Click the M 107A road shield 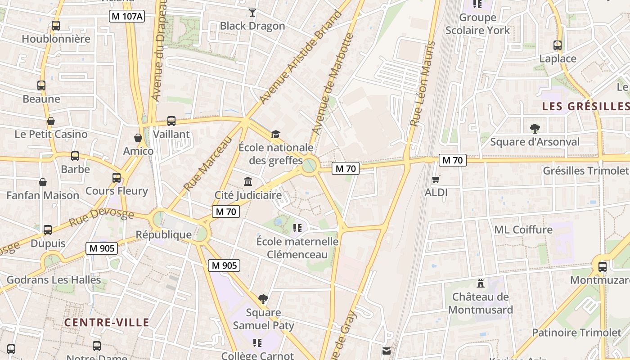point(127,17)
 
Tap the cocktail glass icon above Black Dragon point(252,12)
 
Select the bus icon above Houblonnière point(56,26)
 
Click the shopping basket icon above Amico point(138,138)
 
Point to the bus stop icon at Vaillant point(171,121)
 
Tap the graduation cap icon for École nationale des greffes point(275,134)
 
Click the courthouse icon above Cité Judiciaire point(248,181)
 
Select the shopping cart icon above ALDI point(436,180)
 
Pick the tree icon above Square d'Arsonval point(535,129)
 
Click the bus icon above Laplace point(558,45)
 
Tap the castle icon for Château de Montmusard point(481,283)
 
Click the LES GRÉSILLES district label point(585,106)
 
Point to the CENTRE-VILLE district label point(106,322)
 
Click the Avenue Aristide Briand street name point(301,57)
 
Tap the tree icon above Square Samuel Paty point(263,299)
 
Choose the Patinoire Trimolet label point(576,333)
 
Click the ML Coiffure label point(523,229)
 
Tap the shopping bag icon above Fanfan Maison point(43,182)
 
